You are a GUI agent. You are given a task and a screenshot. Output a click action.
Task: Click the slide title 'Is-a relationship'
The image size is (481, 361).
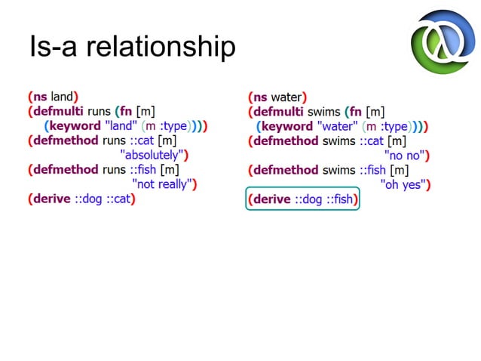tap(132, 47)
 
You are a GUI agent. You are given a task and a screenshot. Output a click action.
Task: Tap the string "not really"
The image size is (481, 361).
tap(163, 184)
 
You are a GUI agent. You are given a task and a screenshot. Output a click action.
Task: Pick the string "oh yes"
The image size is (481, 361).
tap(403, 184)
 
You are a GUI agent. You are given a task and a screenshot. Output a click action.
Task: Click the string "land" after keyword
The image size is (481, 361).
tap(120, 126)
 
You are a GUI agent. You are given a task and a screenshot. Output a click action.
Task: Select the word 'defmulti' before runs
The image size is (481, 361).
tap(59, 112)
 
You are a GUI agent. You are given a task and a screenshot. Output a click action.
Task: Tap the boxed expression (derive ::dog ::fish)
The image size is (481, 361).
tap(303, 200)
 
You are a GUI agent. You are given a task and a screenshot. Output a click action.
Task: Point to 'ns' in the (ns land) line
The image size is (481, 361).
tap(39, 97)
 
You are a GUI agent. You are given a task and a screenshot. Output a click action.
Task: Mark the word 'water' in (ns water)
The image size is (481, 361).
tap(286, 97)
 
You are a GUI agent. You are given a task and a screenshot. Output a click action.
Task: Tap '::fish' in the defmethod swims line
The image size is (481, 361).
tap(373, 170)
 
